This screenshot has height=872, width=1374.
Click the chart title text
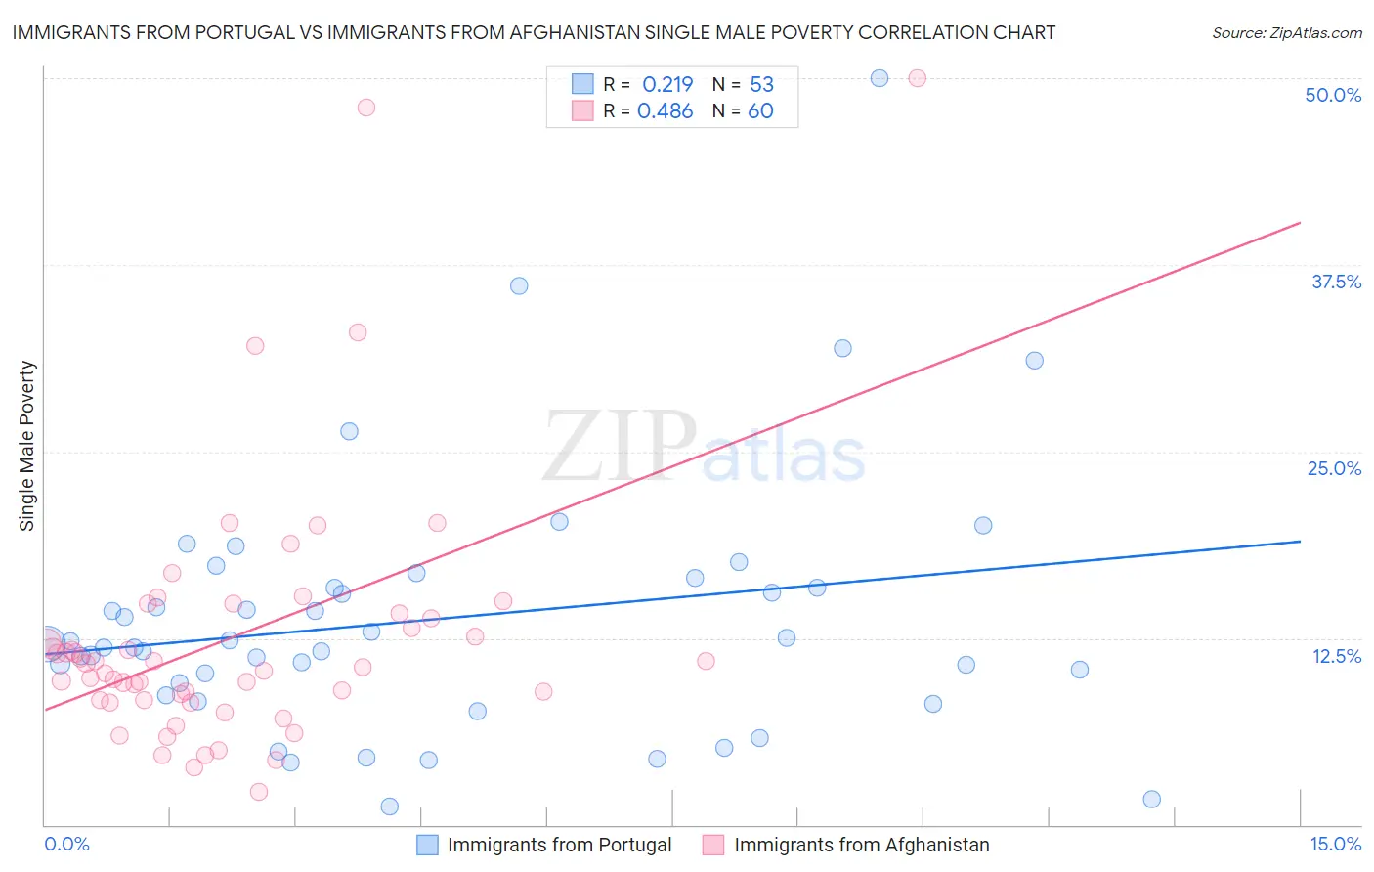coord(534,32)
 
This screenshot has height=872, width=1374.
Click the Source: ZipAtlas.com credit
coord(1286,33)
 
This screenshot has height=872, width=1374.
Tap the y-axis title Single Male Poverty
coord(27,446)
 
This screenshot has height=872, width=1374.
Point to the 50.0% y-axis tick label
coord(1333,95)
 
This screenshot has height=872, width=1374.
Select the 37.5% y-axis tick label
coord(1336,282)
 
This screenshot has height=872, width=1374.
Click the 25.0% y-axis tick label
coord(1334,468)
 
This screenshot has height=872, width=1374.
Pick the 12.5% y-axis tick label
coord(1336,656)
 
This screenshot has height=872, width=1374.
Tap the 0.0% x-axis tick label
coord(66,844)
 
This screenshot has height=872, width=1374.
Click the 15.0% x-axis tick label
coord(1335,844)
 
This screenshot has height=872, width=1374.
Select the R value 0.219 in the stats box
coord(667,84)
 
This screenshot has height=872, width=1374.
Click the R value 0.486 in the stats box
coord(666,111)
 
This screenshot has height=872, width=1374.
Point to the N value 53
coord(761,84)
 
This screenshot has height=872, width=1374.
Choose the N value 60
coord(760,111)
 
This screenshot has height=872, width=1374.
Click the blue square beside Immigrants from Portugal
coord(427,845)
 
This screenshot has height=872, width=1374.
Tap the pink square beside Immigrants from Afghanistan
coord(713,845)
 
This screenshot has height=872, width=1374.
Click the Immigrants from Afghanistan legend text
coord(861,845)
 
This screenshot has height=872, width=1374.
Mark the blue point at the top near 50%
coord(880,78)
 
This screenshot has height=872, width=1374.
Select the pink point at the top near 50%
coord(917,78)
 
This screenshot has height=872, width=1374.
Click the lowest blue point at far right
coord(1151,799)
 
